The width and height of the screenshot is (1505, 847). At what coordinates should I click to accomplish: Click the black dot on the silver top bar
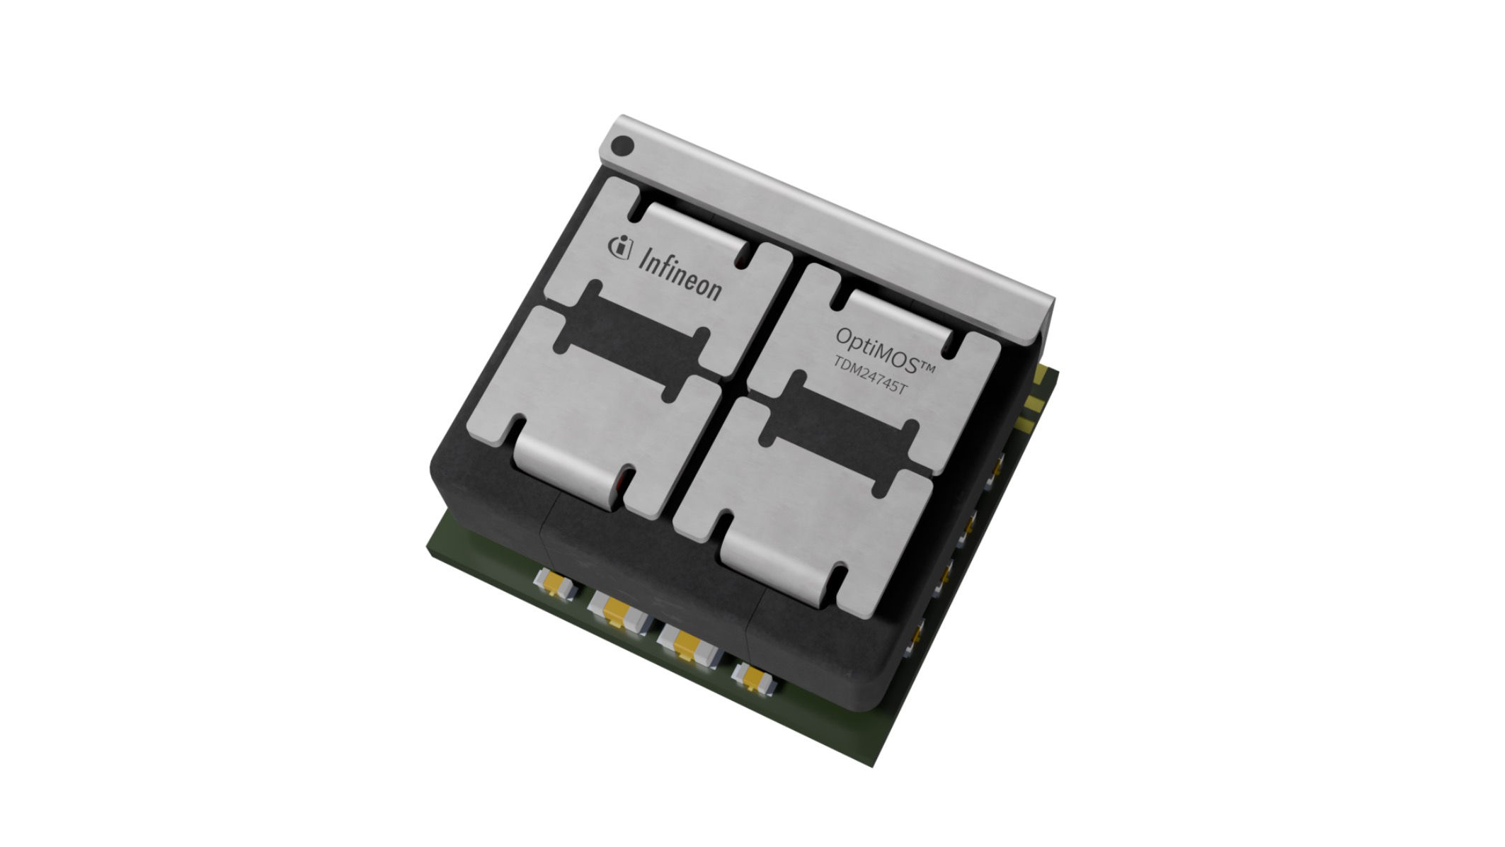[622, 147]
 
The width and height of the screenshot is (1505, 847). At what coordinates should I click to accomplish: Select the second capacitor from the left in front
[619, 610]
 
